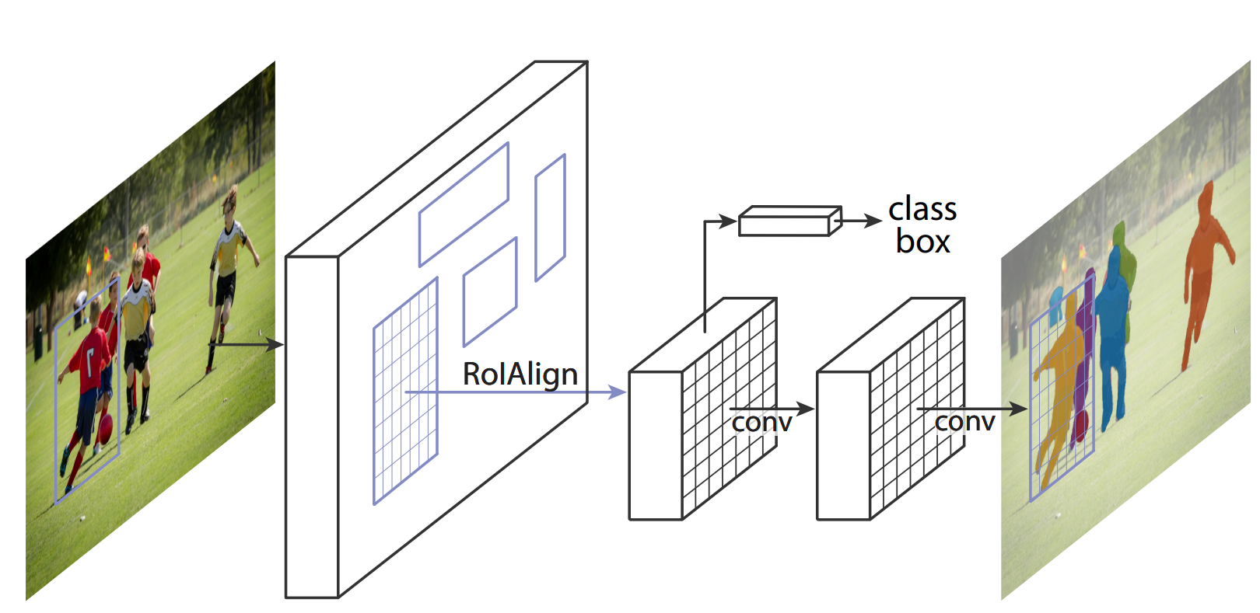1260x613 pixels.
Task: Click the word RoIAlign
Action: tap(520, 374)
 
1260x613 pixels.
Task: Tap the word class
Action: tap(922, 209)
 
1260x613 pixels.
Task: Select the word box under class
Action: tap(922, 242)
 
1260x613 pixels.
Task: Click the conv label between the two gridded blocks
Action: tap(761, 422)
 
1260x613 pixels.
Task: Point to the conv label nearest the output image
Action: tap(964, 421)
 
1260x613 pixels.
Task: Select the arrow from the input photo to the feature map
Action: tap(245, 343)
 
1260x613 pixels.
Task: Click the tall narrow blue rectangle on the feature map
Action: tap(550, 217)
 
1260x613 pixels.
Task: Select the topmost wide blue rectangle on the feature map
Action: tap(464, 204)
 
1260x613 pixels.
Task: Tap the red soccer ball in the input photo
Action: tap(105, 426)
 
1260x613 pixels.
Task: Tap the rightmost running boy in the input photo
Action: tap(227, 272)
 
